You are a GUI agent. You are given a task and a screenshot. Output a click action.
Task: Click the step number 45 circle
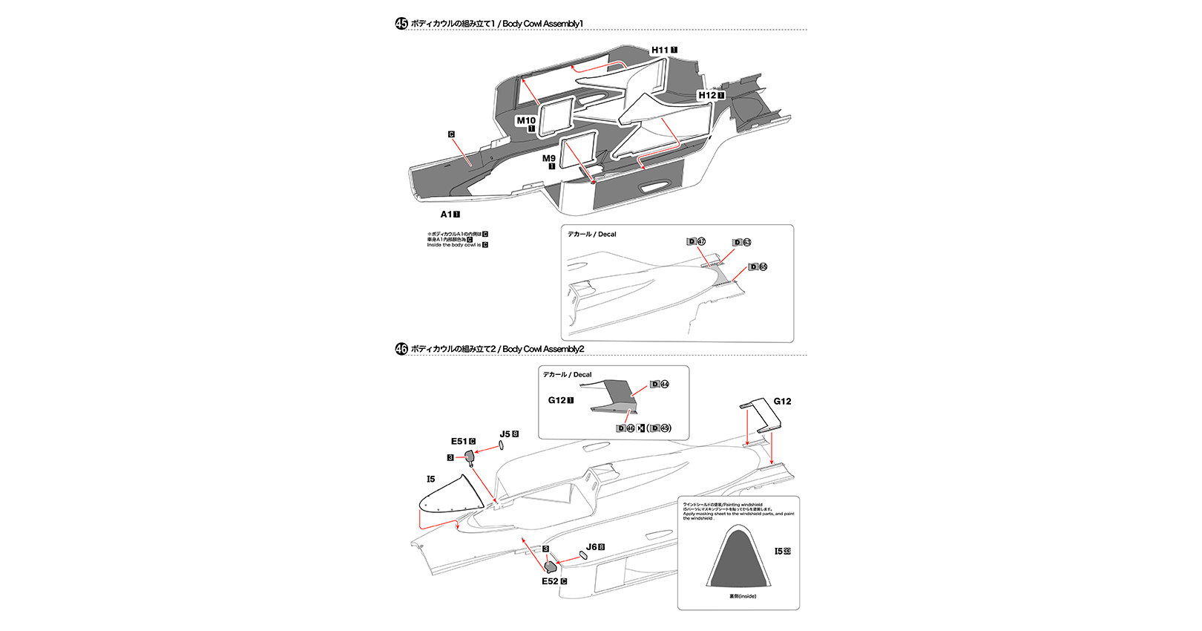(401, 24)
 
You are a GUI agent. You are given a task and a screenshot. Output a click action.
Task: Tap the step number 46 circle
(401, 349)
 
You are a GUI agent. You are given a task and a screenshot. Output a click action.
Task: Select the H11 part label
(660, 50)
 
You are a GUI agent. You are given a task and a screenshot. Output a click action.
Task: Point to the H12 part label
(707, 95)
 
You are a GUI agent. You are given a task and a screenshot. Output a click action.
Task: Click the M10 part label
(526, 120)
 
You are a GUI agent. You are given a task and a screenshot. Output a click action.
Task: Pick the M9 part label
(548, 158)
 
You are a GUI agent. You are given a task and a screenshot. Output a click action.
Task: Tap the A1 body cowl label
(446, 215)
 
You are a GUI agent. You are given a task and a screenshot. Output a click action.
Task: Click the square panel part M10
(555, 117)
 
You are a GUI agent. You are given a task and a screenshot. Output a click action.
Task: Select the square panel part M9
(579, 152)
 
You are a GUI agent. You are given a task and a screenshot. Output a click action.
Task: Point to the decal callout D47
(696, 242)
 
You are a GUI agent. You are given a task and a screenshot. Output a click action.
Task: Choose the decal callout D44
(660, 385)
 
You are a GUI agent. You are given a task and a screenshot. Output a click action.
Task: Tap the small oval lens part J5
(501, 445)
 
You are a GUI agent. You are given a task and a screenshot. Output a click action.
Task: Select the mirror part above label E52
(551, 566)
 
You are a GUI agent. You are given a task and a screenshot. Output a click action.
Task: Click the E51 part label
(459, 442)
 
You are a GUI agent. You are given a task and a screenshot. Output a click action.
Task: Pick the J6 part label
(591, 547)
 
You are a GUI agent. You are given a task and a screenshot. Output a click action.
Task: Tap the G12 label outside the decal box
(782, 402)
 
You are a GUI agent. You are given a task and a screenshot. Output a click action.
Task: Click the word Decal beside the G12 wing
(582, 375)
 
